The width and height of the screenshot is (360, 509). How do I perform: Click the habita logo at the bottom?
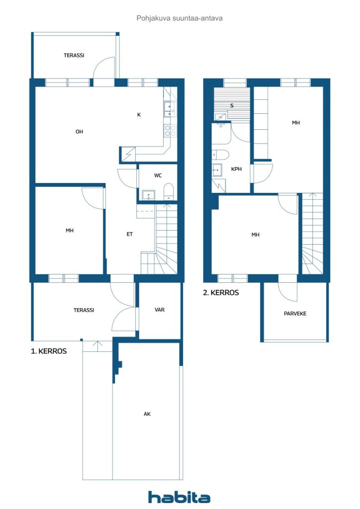(179, 497)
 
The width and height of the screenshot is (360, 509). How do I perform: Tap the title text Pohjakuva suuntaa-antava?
(180, 18)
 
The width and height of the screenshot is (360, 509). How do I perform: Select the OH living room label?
(79, 131)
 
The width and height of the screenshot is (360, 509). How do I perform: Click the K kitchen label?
(139, 115)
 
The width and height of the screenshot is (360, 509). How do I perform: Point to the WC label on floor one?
(158, 175)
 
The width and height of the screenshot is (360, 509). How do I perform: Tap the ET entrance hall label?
(129, 234)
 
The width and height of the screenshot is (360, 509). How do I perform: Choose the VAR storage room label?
(160, 310)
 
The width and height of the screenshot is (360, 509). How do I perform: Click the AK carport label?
(147, 414)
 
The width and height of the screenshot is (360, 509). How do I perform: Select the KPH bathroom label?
(236, 169)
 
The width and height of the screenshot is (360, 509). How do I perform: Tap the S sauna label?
(232, 105)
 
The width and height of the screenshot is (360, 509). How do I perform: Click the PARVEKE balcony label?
(295, 314)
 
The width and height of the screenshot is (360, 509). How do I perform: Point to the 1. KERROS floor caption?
(49, 351)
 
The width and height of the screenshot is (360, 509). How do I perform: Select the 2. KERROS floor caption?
(221, 292)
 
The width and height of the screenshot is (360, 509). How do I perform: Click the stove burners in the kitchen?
(170, 131)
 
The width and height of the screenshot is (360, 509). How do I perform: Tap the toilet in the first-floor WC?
(169, 192)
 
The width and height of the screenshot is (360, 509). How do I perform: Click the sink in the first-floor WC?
(149, 195)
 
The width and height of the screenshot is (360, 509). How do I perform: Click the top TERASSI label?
(74, 55)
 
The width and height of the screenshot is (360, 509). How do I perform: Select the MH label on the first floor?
(70, 231)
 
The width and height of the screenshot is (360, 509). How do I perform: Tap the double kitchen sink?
(170, 109)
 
